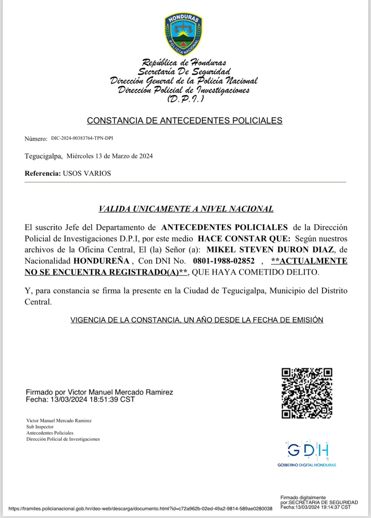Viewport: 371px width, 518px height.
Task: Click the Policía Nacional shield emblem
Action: click(183, 34)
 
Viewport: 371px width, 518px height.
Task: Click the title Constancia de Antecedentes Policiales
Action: click(185, 120)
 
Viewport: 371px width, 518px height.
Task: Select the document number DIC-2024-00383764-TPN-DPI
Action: click(82, 138)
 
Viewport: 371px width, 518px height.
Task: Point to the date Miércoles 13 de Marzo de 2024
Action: click(109, 156)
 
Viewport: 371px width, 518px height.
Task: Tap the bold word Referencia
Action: click(42, 174)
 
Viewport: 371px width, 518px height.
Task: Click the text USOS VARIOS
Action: click(87, 174)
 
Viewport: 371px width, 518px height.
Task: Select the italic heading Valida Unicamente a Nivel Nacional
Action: click(186, 209)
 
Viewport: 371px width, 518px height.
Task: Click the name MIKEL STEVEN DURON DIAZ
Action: click(270, 250)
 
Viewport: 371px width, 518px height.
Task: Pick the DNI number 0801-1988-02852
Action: click(224, 261)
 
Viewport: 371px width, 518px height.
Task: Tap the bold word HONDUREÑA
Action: click(101, 261)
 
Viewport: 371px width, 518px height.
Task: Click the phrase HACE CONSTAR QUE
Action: click(244, 239)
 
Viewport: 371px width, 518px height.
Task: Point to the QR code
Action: click(307, 393)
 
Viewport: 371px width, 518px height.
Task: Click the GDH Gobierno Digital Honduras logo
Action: click(307, 453)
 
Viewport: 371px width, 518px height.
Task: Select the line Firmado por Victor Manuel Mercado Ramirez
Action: click(99, 392)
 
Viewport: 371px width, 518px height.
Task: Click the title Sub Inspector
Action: click(40, 427)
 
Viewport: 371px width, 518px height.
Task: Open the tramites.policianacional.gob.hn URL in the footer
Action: click(140, 509)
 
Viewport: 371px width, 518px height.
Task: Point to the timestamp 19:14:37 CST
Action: click(335, 507)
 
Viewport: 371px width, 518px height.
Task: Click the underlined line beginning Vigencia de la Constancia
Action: click(197, 320)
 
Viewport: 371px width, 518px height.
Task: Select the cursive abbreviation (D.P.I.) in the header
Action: click(185, 99)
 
